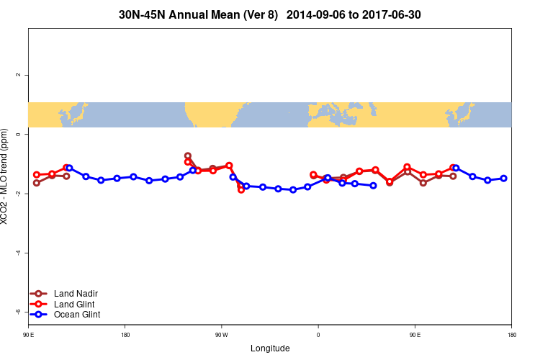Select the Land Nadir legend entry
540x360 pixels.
(76, 294)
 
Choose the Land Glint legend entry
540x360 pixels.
(75, 304)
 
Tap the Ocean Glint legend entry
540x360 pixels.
(77, 315)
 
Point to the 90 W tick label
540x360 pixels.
(221, 335)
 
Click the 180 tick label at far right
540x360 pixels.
(511, 335)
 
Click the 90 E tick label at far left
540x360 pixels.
(28, 335)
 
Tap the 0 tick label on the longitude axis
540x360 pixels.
(318, 335)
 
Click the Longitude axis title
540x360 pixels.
(270, 348)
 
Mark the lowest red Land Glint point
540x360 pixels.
(241, 189)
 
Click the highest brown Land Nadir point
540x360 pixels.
(188, 156)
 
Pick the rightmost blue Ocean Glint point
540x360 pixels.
(503, 178)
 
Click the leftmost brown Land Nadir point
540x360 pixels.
(37, 182)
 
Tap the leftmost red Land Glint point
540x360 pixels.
(37, 175)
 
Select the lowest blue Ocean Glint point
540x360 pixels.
(293, 189)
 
